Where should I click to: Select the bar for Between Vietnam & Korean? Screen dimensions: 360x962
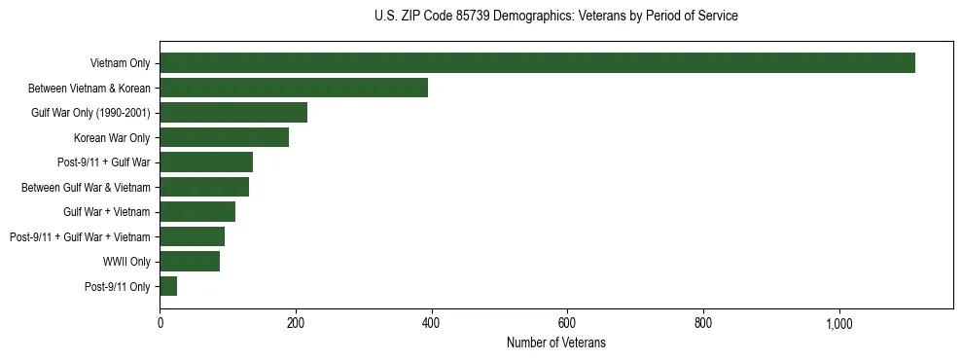[x=294, y=88]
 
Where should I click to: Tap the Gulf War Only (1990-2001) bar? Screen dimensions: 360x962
[x=233, y=113]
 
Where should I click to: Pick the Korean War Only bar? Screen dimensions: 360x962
[x=224, y=137]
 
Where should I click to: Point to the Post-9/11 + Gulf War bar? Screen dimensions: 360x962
[x=206, y=162]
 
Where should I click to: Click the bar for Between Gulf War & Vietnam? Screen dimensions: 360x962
[x=204, y=187]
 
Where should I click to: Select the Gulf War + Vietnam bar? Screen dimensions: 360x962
[x=197, y=212]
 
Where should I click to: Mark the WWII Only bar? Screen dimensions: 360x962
[x=190, y=262]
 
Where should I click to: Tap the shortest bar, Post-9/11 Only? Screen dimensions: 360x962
[x=168, y=286]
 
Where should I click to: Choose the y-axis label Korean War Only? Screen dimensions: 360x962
[x=112, y=138]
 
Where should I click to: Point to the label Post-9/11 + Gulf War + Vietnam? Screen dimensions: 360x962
[x=80, y=237]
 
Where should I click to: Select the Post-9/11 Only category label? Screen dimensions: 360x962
[x=118, y=287]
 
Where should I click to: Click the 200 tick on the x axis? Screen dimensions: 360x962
[x=296, y=323]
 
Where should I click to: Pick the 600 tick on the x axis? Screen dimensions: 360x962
[x=567, y=323]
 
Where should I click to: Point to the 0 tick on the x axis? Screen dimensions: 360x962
[x=160, y=323]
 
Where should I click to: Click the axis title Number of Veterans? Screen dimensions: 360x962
[x=556, y=342]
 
